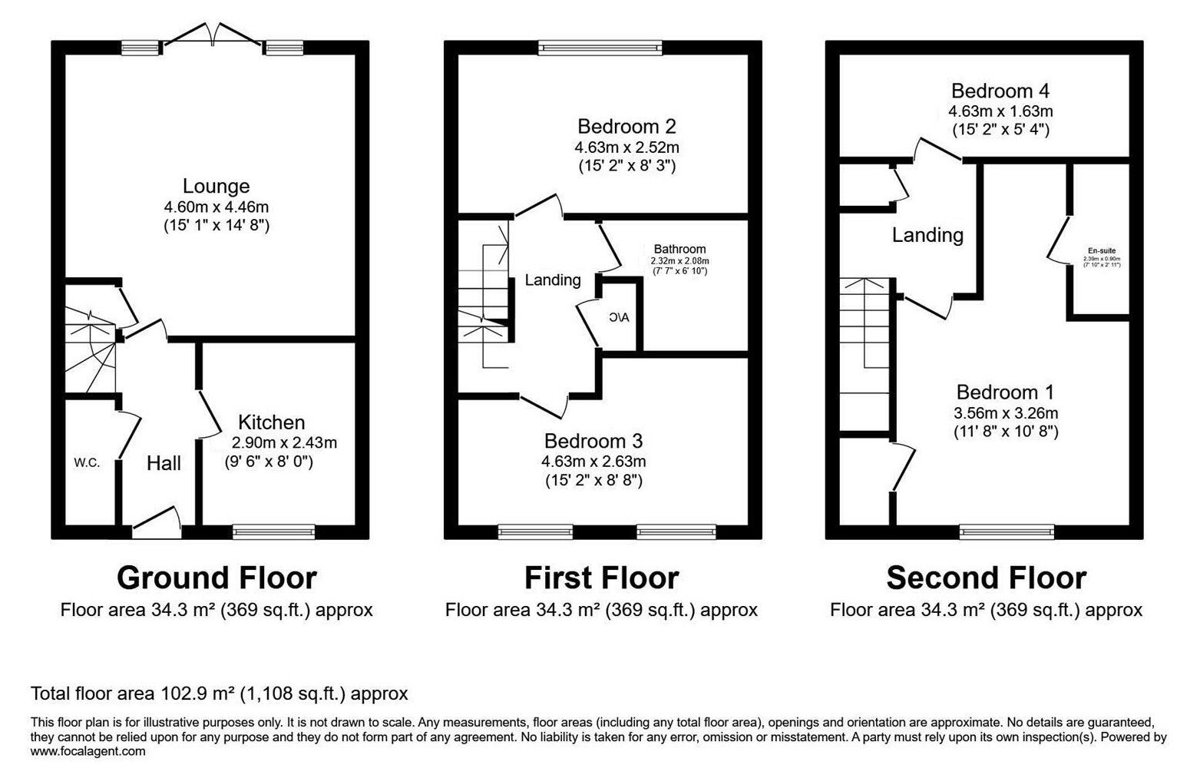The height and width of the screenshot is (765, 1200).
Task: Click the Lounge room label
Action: point(216,186)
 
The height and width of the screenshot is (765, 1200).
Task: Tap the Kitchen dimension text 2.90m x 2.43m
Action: point(284,442)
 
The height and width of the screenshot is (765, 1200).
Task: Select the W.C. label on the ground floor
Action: point(87,462)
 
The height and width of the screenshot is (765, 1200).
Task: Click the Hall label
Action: point(164,462)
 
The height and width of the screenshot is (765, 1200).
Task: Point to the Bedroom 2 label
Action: point(626,126)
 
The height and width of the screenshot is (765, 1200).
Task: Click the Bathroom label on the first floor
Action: point(679,249)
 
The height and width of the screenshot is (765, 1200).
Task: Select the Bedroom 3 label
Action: point(593,441)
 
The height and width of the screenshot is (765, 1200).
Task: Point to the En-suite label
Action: point(1102,250)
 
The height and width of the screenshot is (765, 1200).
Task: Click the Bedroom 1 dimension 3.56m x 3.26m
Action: point(1000,412)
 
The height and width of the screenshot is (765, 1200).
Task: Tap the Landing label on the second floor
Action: point(927,234)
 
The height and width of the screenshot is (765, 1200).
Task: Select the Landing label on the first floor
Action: point(552,280)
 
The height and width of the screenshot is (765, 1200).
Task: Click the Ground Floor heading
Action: point(217,578)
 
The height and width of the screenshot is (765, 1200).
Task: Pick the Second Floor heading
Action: point(986,578)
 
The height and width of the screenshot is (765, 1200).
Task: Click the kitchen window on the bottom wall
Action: point(274,531)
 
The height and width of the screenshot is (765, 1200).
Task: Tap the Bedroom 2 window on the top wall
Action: point(600,48)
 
